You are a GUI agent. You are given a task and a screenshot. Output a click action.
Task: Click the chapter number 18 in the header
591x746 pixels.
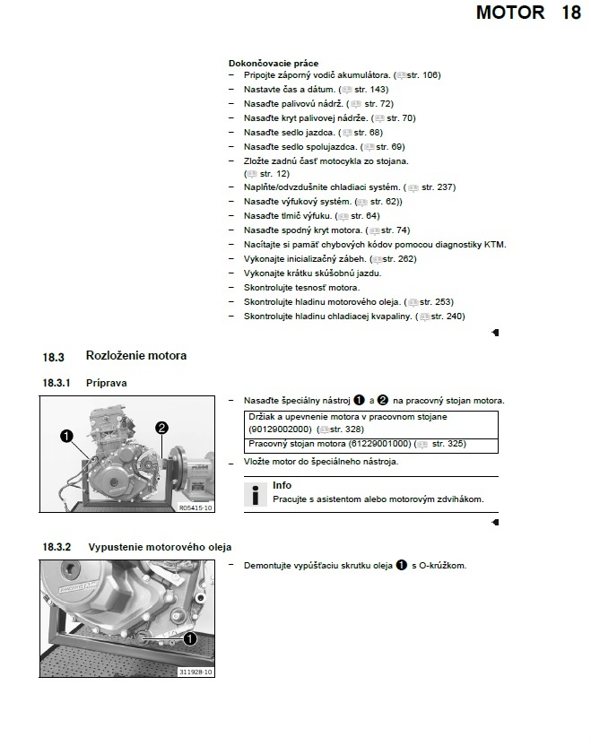click(571, 13)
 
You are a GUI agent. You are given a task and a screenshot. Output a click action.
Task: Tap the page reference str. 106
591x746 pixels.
click(424, 75)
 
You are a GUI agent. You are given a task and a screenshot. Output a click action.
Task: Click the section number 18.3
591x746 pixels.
click(53, 357)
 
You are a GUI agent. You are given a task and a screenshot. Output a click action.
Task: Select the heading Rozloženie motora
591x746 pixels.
click(136, 356)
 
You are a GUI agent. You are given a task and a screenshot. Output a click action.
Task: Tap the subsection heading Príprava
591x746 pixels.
click(107, 383)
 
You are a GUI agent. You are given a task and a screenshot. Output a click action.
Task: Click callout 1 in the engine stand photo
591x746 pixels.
click(65, 436)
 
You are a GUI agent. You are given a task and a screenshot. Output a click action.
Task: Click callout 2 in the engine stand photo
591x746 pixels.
click(162, 428)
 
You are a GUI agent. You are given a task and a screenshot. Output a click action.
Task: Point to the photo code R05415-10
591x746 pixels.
click(196, 507)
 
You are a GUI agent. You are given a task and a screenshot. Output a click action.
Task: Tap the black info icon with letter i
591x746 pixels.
click(256, 494)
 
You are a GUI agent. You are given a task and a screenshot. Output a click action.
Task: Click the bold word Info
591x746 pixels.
click(282, 485)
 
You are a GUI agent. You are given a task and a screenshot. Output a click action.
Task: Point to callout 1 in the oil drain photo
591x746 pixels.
click(189, 639)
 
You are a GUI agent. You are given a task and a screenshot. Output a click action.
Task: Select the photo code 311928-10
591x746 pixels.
click(196, 672)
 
